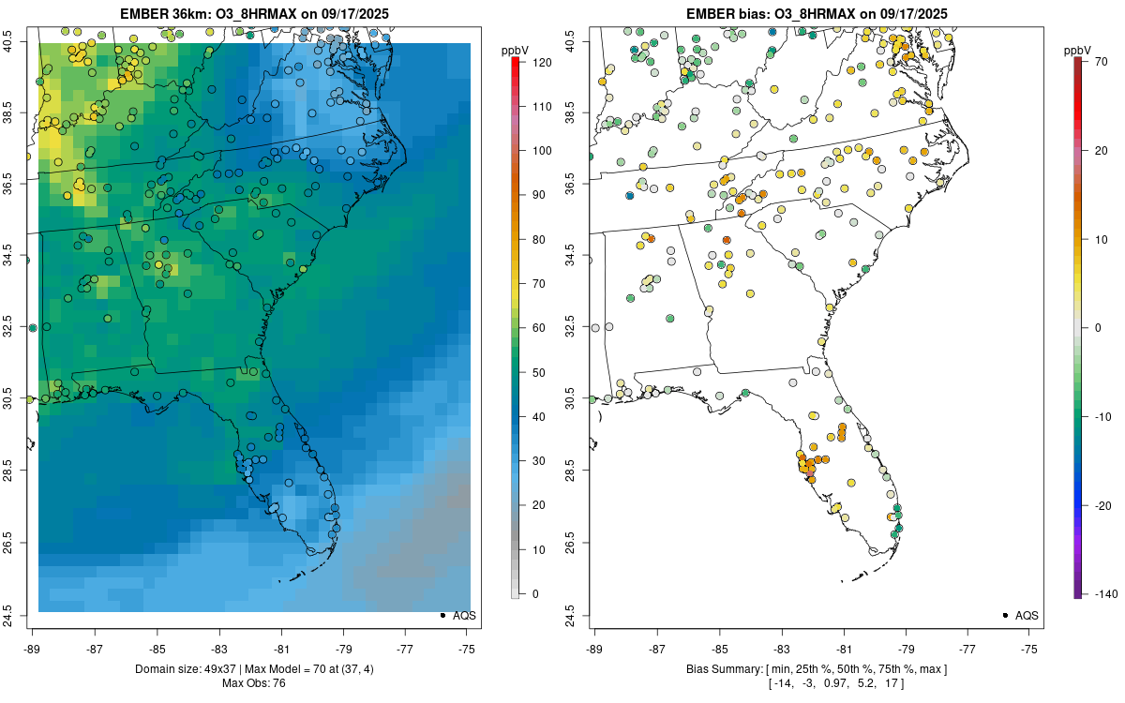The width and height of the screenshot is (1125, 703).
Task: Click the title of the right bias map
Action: click(x=816, y=14)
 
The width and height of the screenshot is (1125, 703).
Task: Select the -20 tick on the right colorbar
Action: click(x=1100, y=505)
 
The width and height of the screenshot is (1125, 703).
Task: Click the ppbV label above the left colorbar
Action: click(x=516, y=50)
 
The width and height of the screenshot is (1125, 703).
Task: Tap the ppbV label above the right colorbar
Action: click(x=1078, y=50)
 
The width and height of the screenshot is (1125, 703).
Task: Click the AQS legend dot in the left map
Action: click(x=442, y=615)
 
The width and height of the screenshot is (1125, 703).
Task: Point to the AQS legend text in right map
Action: click(x=1027, y=615)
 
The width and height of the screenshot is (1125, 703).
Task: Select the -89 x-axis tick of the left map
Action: click(x=33, y=648)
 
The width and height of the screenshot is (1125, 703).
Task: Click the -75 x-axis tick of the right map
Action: click(x=1029, y=648)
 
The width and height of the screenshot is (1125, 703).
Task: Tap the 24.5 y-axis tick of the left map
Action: click(x=20, y=615)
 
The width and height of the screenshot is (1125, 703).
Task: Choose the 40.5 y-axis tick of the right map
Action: click(x=582, y=40)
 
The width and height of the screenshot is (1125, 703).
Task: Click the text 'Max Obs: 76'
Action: click(x=254, y=683)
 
